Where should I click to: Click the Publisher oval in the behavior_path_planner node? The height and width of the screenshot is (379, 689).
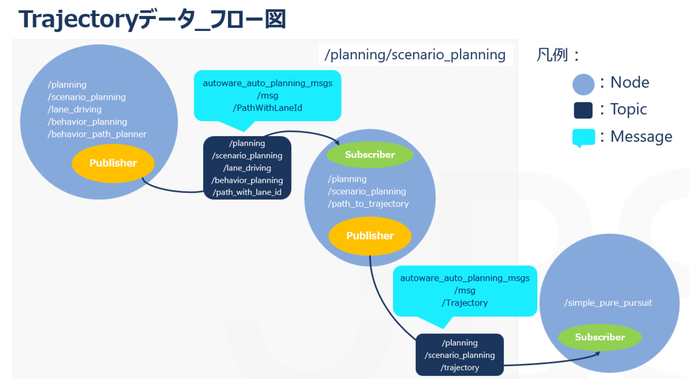pyautogui.click(x=113, y=163)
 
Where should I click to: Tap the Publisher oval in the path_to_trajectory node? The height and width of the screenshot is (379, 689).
pyautogui.click(x=370, y=236)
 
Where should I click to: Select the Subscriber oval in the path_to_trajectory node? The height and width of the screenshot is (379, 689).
pyautogui.click(x=370, y=154)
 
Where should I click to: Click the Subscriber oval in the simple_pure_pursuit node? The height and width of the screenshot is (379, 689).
pyautogui.click(x=600, y=337)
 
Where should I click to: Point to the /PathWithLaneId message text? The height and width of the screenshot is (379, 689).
pyautogui.click(x=268, y=108)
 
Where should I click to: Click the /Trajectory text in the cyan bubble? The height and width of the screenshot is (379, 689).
pyautogui.click(x=465, y=303)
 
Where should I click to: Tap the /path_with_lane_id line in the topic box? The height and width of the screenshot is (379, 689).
pyautogui.click(x=247, y=192)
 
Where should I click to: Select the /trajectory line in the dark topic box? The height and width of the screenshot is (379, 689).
pyautogui.click(x=459, y=368)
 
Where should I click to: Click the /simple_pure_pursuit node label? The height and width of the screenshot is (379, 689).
pyautogui.click(x=608, y=303)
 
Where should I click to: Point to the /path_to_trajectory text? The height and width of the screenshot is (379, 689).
pyautogui.click(x=368, y=204)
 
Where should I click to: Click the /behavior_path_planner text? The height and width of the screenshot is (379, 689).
pyautogui.click(x=97, y=134)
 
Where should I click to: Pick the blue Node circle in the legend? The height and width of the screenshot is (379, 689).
pyautogui.click(x=583, y=84)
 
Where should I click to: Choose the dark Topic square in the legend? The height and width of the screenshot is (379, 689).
pyautogui.click(x=583, y=110)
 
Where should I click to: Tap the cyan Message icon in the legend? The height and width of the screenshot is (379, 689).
pyautogui.click(x=583, y=137)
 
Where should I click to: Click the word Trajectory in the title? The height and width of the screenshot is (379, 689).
pyautogui.click(x=78, y=20)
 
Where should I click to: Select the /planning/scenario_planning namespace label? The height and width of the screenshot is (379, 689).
pyautogui.click(x=415, y=55)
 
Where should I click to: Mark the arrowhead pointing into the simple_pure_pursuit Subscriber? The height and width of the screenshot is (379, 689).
pyautogui.click(x=598, y=354)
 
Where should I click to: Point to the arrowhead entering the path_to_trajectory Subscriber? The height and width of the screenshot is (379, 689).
pyautogui.click(x=337, y=142)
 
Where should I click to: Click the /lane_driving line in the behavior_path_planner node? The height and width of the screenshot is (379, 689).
pyautogui.click(x=75, y=110)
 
